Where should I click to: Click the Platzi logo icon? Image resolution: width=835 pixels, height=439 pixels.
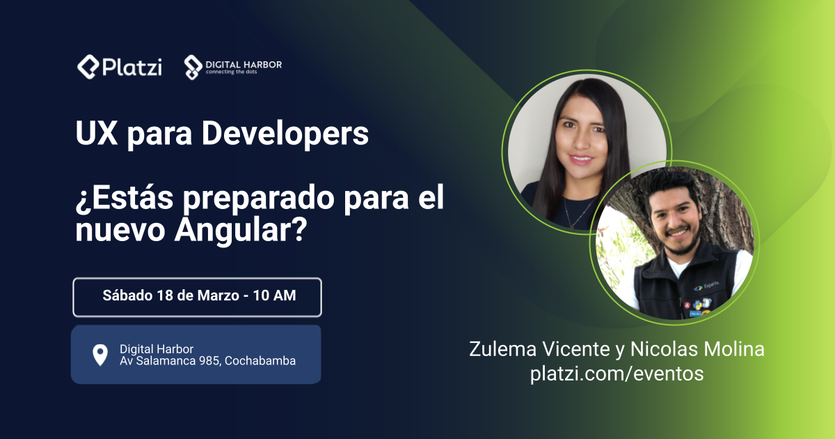click(x=88, y=66)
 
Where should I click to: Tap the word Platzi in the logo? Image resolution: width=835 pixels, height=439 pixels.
click(x=132, y=67)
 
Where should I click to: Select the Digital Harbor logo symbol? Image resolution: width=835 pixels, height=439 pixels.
click(x=193, y=67)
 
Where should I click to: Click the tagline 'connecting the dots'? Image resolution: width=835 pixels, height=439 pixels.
click(x=231, y=72)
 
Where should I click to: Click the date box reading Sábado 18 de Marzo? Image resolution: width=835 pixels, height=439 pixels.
click(x=197, y=297)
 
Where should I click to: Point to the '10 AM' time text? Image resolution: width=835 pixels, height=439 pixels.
click(x=274, y=295)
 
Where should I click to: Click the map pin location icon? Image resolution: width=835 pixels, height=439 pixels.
click(x=100, y=355)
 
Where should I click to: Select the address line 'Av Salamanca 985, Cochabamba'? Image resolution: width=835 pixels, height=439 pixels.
click(x=207, y=361)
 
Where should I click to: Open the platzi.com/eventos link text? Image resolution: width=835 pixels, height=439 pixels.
click(x=617, y=373)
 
